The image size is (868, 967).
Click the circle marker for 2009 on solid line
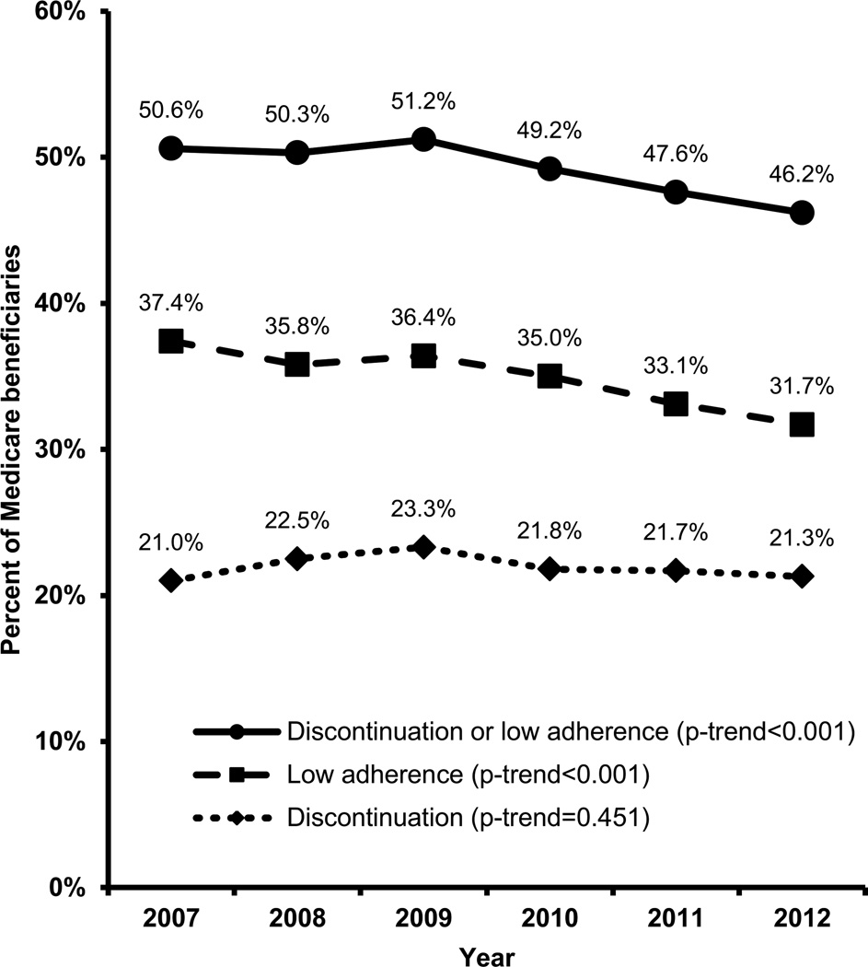tap(423, 140)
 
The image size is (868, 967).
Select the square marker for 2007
tap(170, 342)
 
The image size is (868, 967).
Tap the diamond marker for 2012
tap(802, 577)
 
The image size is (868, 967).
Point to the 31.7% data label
tap(802, 387)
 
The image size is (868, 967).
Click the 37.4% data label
tap(169, 302)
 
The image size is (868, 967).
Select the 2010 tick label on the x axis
tap(550, 919)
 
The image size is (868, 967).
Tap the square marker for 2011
tap(676, 403)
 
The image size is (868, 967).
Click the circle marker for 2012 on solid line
tap(802, 213)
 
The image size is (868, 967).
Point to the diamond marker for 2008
tap(296, 558)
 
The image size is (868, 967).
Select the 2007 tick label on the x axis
tap(170, 919)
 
